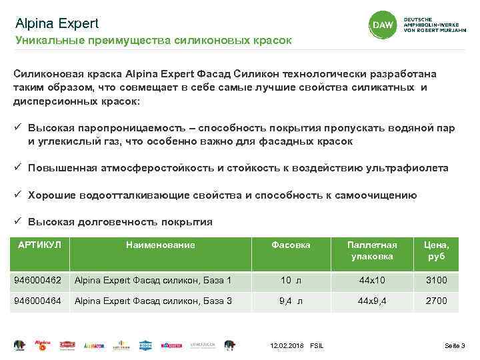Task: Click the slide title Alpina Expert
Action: [x=57, y=23]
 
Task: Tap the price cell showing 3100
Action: [x=437, y=280]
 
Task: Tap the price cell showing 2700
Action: [x=437, y=301]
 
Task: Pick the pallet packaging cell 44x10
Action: [x=372, y=280]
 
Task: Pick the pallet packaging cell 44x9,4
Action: [x=372, y=301]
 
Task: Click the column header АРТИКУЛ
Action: [x=39, y=245]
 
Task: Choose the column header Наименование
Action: [x=161, y=245]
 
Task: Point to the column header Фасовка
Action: [x=291, y=245]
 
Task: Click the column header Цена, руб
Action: [x=437, y=250]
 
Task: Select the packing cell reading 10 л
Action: [x=291, y=280]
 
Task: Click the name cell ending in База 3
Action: [x=153, y=301]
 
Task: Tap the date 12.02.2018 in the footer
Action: [x=287, y=345]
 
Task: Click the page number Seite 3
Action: [x=455, y=345]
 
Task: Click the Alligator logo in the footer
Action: [x=95, y=345]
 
